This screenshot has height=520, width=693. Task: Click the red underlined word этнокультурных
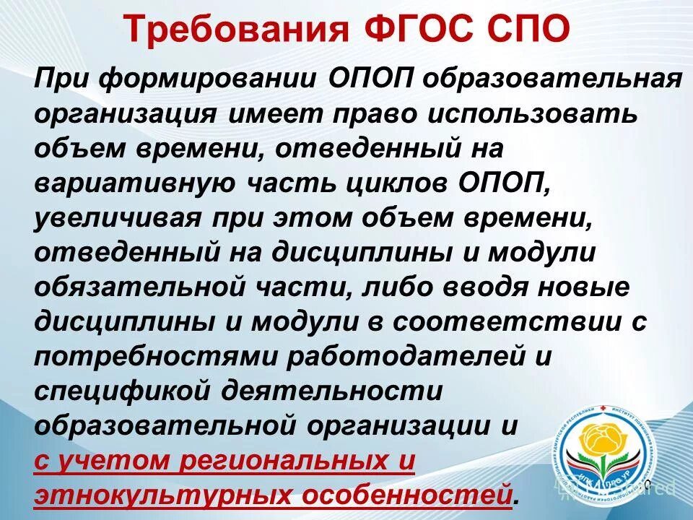tap(152, 495)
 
